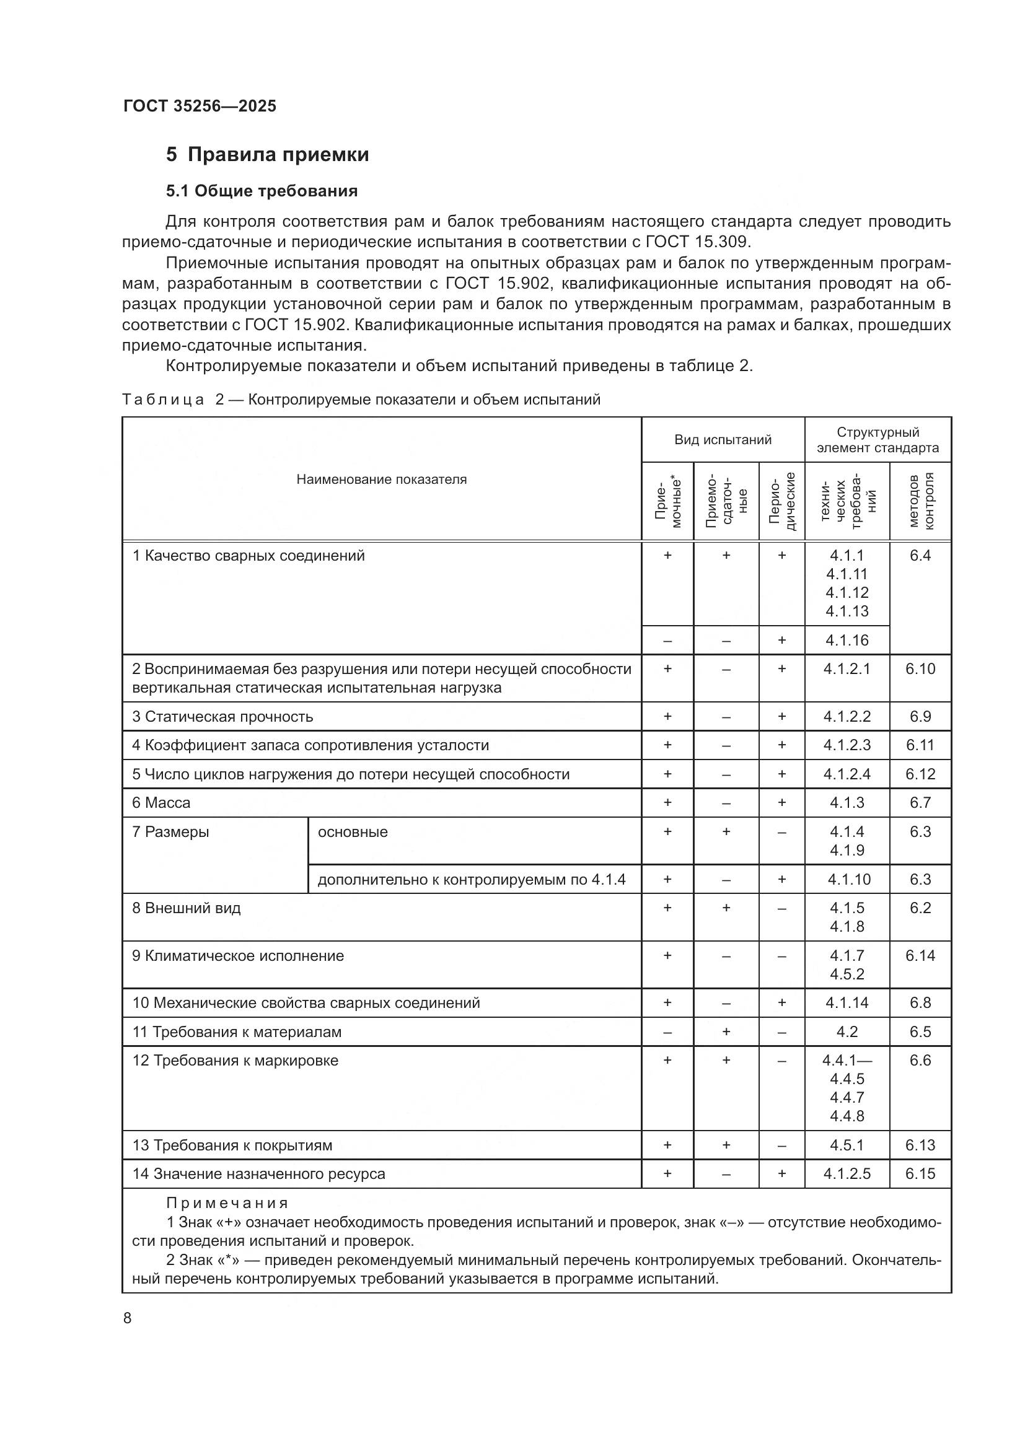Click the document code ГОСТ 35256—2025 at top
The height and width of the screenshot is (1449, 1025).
[200, 106]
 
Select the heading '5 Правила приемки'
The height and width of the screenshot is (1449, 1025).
[268, 155]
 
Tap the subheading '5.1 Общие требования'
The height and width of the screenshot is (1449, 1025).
[262, 191]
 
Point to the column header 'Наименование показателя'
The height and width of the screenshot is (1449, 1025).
[381, 479]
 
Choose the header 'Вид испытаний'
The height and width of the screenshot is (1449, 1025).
[723, 439]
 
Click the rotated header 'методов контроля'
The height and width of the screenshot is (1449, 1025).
[920, 501]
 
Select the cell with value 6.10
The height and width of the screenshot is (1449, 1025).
[920, 668]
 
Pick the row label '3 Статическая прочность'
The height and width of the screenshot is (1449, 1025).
[222, 716]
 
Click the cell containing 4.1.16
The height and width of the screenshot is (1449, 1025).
[847, 640]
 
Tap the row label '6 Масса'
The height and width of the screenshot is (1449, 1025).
[161, 802]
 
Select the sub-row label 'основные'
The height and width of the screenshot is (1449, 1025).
[352, 831]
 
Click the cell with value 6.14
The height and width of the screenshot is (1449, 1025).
[920, 955]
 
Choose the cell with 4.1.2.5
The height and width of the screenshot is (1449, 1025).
[847, 1173]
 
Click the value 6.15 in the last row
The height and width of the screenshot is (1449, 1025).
[920, 1173]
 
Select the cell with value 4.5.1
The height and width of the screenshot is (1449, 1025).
[847, 1144]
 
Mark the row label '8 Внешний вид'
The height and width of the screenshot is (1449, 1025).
[186, 908]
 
